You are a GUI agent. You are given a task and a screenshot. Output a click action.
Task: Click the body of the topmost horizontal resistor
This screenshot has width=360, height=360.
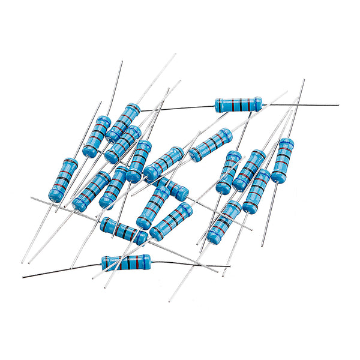click(x=238, y=105)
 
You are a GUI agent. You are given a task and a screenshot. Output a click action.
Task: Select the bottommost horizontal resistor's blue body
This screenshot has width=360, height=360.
click(x=126, y=262)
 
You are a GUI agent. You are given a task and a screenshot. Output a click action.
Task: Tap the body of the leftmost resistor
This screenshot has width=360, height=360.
click(x=64, y=179)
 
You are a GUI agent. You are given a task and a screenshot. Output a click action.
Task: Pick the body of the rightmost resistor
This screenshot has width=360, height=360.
click(x=282, y=160)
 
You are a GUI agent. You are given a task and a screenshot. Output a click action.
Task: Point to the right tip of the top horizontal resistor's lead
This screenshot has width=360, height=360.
click(x=338, y=105)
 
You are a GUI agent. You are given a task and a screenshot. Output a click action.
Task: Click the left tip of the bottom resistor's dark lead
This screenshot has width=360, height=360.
click(x=23, y=278)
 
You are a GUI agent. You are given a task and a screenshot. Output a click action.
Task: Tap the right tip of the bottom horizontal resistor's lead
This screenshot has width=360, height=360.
click(x=230, y=266)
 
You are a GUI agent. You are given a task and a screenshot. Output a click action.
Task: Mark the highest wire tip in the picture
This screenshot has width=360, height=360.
click(x=175, y=54)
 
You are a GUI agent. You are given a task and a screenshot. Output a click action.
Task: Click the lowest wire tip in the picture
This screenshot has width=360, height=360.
click(x=170, y=301)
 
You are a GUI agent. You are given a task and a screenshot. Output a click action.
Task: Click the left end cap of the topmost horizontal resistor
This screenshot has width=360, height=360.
click(x=218, y=104)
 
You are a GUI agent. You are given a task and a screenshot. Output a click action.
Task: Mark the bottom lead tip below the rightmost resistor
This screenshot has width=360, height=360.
click(x=262, y=246)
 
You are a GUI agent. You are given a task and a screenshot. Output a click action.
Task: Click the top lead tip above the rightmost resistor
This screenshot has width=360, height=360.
click(x=304, y=80)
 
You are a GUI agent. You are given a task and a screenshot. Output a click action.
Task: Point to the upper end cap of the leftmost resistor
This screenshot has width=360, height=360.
click(x=70, y=163)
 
